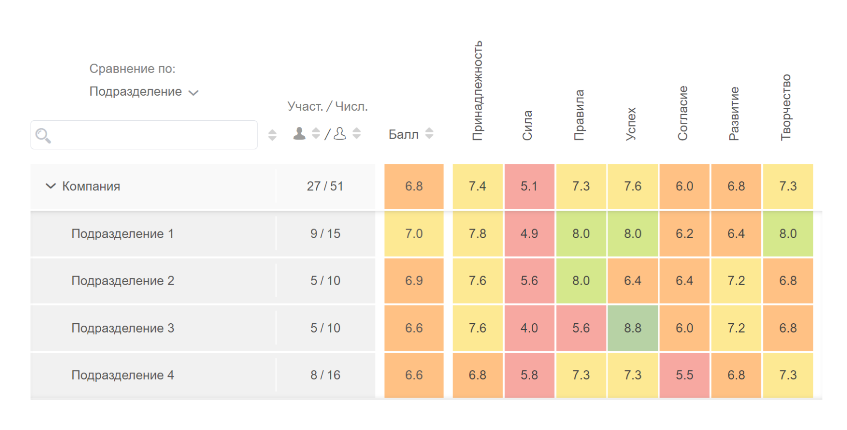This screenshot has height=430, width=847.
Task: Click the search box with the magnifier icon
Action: point(144,135)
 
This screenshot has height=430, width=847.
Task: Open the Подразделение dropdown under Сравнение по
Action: point(144,92)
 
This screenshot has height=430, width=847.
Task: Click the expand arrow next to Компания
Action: point(51,186)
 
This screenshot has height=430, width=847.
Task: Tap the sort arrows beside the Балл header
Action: point(429,133)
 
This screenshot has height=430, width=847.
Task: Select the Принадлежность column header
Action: point(477,91)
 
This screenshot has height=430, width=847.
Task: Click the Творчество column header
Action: point(786,107)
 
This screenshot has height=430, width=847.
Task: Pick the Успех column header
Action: point(631,124)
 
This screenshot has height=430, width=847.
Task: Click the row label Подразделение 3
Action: point(123,328)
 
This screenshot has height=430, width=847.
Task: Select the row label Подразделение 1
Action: point(122,234)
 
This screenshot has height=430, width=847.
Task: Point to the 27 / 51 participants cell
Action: point(325,186)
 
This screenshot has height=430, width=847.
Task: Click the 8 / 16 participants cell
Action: point(325,375)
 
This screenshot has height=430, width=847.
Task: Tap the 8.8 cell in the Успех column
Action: point(632,328)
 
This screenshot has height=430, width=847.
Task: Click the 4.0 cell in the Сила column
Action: point(529,328)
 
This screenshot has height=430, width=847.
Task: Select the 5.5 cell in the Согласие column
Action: point(684,375)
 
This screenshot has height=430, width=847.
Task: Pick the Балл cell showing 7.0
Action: point(414,234)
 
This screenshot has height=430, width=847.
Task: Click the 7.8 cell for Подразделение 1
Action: point(477,234)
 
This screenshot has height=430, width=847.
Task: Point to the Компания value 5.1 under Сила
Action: point(529,186)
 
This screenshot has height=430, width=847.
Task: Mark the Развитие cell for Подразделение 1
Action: point(736,234)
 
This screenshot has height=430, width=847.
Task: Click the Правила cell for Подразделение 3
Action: point(581,328)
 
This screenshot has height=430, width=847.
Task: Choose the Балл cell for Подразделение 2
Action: point(414,281)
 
